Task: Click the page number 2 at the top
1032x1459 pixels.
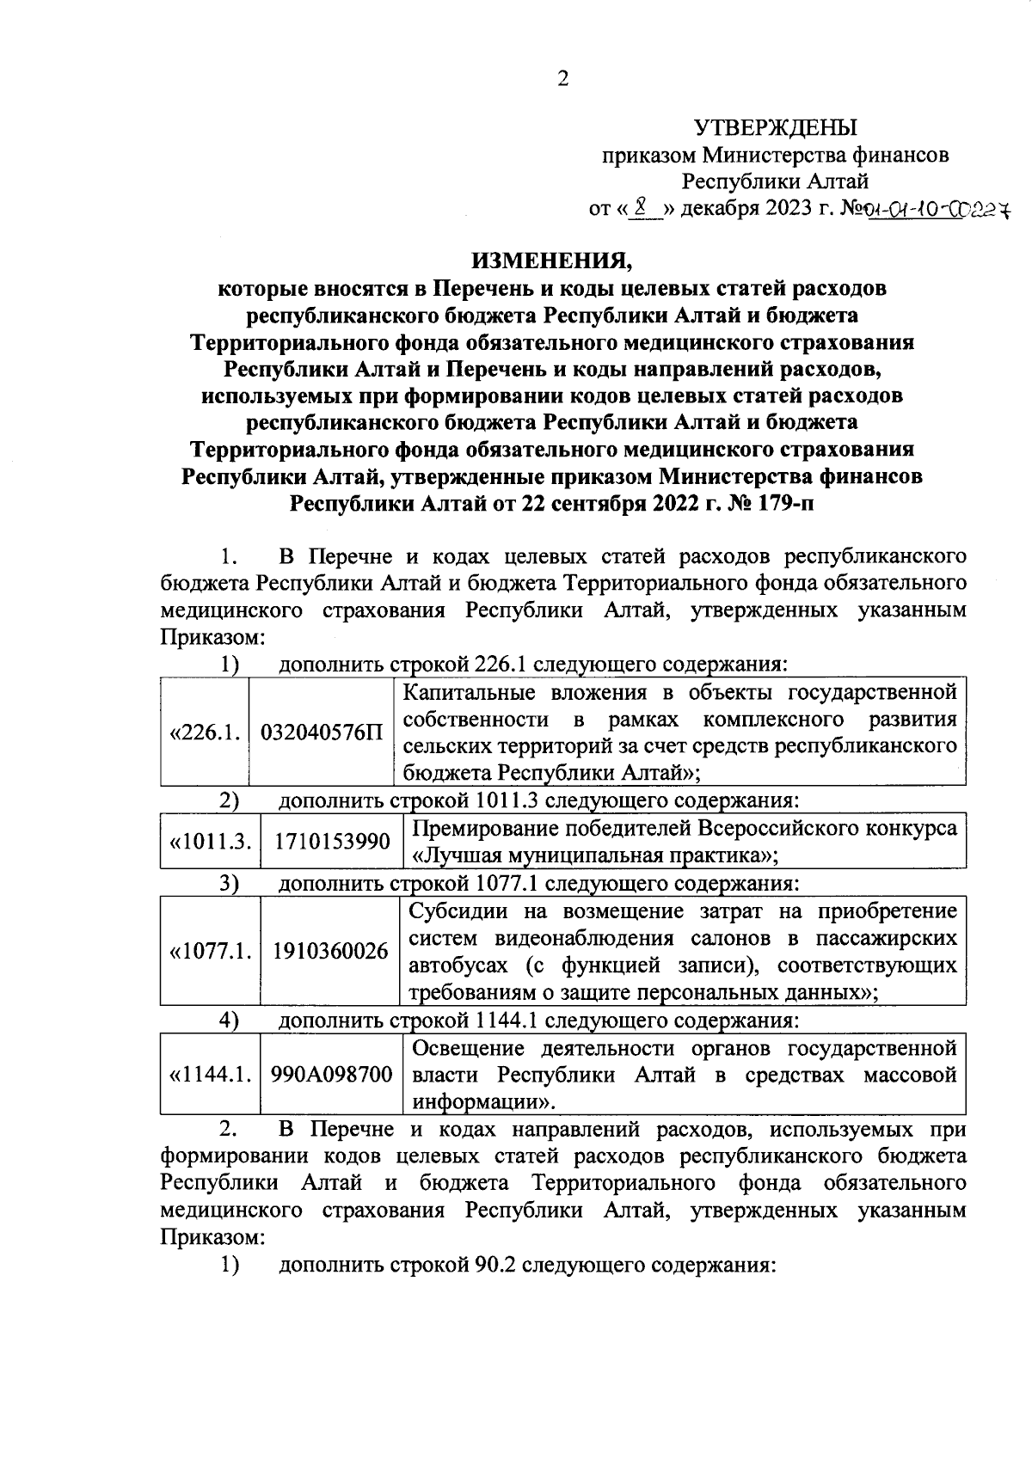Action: (563, 80)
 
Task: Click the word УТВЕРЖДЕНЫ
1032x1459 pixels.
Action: (776, 129)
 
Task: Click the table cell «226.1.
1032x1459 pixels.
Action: (205, 733)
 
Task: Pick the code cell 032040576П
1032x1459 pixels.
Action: (322, 733)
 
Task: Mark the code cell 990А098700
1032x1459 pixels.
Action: (332, 1075)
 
